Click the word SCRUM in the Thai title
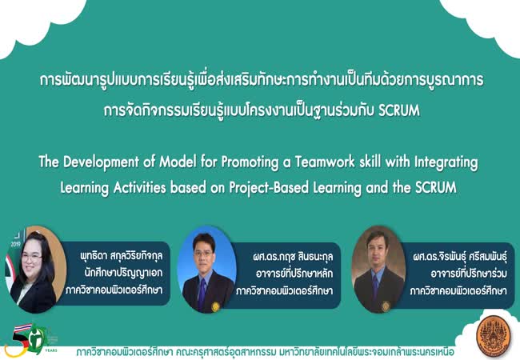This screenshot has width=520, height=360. click(x=399, y=110)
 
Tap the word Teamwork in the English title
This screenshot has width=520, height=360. click(x=320, y=162)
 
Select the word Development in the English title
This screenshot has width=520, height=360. click(x=101, y=162)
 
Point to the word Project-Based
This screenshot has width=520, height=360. click(x=270, y=188)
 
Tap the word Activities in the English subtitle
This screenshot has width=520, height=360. click(x=140, y=188)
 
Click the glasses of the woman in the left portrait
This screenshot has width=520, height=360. click(x=31, y=258)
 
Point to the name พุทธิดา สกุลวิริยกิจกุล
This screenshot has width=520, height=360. click(x=122, y=256)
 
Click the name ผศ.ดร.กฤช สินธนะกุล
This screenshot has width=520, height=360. click(x=293, y=257)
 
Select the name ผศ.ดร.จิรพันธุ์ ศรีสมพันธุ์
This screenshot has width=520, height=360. click(x=460, y=257)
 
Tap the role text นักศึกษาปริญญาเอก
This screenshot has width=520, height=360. click(x=123, y=273)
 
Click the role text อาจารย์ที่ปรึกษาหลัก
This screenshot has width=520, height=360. click(x=294, y=274)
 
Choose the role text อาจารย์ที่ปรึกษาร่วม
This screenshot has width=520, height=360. click(x=469, y=274)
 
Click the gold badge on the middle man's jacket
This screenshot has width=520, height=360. click(x=215, y=306)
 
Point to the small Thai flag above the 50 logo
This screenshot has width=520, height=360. click(x=23, y=327)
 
